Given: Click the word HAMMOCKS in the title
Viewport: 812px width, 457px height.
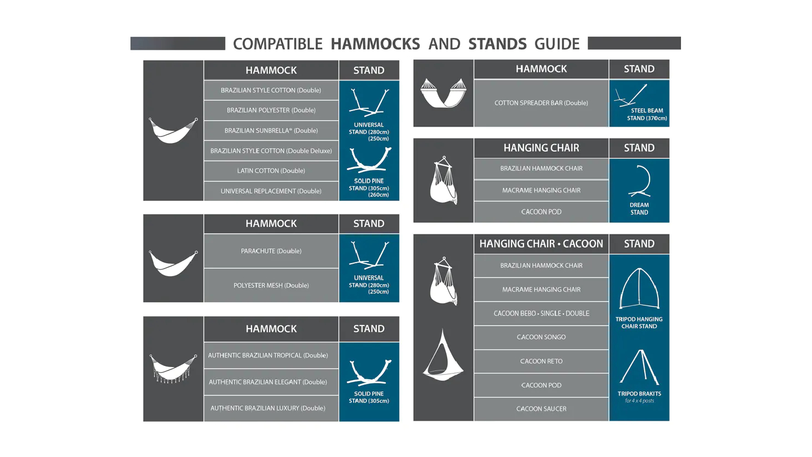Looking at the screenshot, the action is pyautogui.click(x=375, y=44).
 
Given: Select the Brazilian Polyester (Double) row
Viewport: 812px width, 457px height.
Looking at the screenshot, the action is pyautogui.click(x=271, y=110).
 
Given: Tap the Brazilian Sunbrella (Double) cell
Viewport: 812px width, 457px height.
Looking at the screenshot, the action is pyautogui.click(x=271, y=130).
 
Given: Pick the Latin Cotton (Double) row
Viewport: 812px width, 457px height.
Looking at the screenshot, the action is pyautogui.click(x=271, y=171).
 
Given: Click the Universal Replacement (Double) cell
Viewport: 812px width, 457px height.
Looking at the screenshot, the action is pyautogui.click(x=271, y=191).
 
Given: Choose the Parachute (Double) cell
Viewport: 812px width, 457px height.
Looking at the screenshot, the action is pyautogui.click(x=271, y=251).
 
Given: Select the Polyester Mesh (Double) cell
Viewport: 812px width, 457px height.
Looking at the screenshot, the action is pyautogui.click(x=271, y=285).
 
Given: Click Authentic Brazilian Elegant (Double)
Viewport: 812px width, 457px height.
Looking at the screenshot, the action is pyautogui.click(x=271, y=382).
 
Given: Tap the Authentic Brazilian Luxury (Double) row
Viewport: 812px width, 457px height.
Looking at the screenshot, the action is pyautogui.click(x=271, y=408).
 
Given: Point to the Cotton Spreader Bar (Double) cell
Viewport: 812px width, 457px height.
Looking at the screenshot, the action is pyautogui.click(x=541, y=103).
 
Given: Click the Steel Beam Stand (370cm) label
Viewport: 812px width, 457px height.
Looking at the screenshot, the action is pyautogui.click(x=647, y=114).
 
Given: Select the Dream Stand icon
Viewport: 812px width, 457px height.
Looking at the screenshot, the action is pyautogui.click(x=640, y=181).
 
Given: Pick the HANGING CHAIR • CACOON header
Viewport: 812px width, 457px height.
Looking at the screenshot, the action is pyautogui.click(x=541, y=244).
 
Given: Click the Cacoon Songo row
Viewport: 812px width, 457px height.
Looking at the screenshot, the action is pyautogui.click(x=541, y=337).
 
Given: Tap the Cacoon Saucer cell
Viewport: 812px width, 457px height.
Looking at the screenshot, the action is pyautogui.click(x=541, y=409).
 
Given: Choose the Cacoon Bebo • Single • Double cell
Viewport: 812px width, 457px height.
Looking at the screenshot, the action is pyautogui.click(x=541, y=314).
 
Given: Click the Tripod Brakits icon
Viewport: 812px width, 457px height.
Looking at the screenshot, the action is pyautogui.click(x=639, y=367).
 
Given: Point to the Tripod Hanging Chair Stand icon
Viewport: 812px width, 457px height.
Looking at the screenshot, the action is pyautogui.click(x=639, y=289).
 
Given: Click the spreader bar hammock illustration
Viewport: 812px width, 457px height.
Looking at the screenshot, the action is pyautogui.click(x=443, y=93).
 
